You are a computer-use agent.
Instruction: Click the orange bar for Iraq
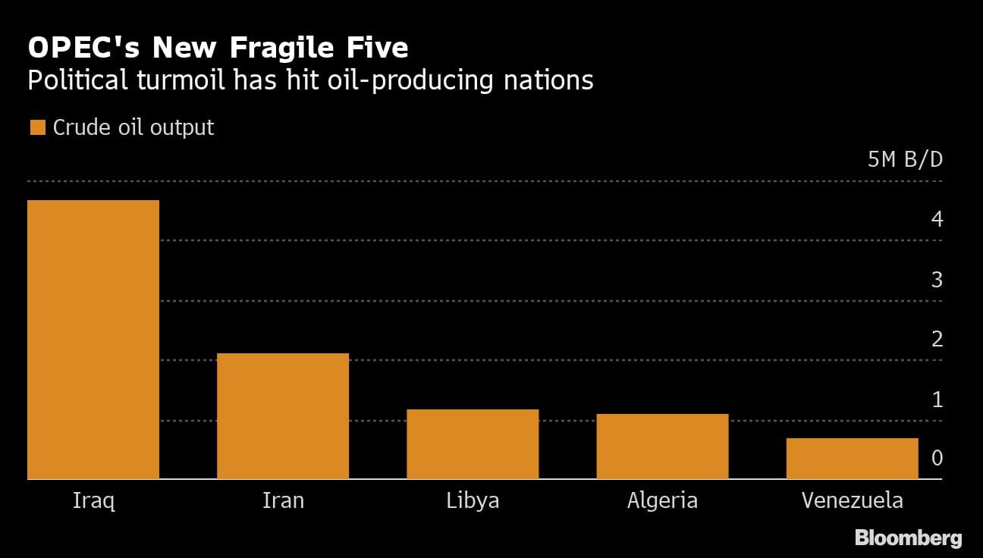[93, 340]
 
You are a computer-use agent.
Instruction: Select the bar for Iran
[283, 416]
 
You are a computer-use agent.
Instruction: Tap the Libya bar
[473, 444]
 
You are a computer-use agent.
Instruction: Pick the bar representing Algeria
[662, 447]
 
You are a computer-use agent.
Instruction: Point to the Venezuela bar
[852, 459]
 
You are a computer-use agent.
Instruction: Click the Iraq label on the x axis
[93, 501]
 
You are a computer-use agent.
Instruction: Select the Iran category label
[283, 501]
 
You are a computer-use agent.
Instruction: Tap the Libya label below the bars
[473, 501]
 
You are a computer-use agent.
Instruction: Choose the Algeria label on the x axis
[662, 501]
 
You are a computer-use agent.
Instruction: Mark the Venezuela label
[852, 501]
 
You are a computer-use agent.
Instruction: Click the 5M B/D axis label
[905, 160]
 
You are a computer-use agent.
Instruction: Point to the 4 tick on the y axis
[937, 220]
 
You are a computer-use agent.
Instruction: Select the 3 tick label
[937, 280]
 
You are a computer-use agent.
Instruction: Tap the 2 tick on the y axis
[937, 340]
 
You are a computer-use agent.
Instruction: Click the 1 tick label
[937, 400]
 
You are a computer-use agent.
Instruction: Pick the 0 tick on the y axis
[937, 459]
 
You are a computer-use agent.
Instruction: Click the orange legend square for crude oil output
[37, 127]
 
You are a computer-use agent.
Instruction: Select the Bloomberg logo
[908, 538]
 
